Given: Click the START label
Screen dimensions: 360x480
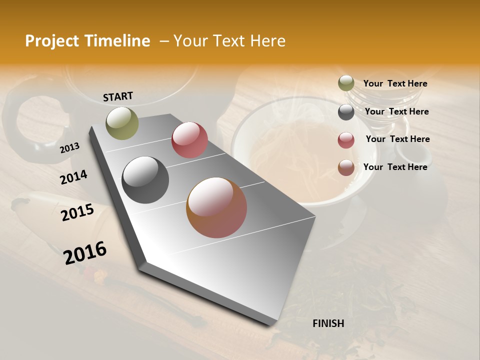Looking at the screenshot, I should click(118, 96).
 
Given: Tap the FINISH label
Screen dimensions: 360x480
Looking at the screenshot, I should click(328, 323).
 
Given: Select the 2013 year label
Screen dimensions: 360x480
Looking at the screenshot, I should click(69, 147).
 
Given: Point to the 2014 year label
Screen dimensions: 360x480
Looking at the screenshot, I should click(73, 177).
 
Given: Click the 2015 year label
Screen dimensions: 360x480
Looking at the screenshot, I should click(77, 213).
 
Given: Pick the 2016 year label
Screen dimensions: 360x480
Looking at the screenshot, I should click(85, 252).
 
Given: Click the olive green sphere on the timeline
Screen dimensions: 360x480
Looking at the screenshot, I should click(122, 123).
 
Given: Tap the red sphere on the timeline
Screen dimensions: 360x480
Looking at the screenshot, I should click(189, 140).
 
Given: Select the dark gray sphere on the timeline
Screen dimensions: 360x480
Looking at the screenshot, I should click(145, 180).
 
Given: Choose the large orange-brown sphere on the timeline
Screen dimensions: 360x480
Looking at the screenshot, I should click(216, 207).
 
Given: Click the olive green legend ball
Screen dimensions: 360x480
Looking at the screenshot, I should click(346, 83).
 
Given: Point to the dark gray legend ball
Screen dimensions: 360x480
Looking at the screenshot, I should click(346, 112).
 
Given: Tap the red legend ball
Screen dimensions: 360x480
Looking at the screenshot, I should click(346, 140).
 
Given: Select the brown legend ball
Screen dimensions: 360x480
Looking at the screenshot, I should click(346, 168).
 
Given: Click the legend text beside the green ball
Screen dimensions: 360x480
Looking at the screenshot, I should click(395, 83).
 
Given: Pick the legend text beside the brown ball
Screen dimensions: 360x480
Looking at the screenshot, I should click(395, 167).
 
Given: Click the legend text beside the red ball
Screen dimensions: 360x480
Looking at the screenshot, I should click(397, 139).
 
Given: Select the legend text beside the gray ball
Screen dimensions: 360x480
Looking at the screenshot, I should click(396, 111).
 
